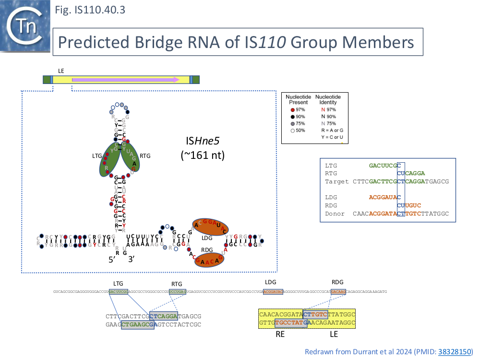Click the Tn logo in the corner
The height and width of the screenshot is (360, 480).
pyautogui.click(x=25, y=26)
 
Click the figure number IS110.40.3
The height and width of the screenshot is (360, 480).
pyautogui.click(x=90, y=10)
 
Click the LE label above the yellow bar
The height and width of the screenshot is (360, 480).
pyautogui.click(x=61, y=71)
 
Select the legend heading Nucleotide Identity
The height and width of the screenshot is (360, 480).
pyautogui.click(x=328, y=99)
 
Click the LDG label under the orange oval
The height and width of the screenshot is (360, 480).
pyautogui.click(x=207, y=238)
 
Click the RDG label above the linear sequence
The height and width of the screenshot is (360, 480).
pyautogui.click(x=337, y=282)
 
